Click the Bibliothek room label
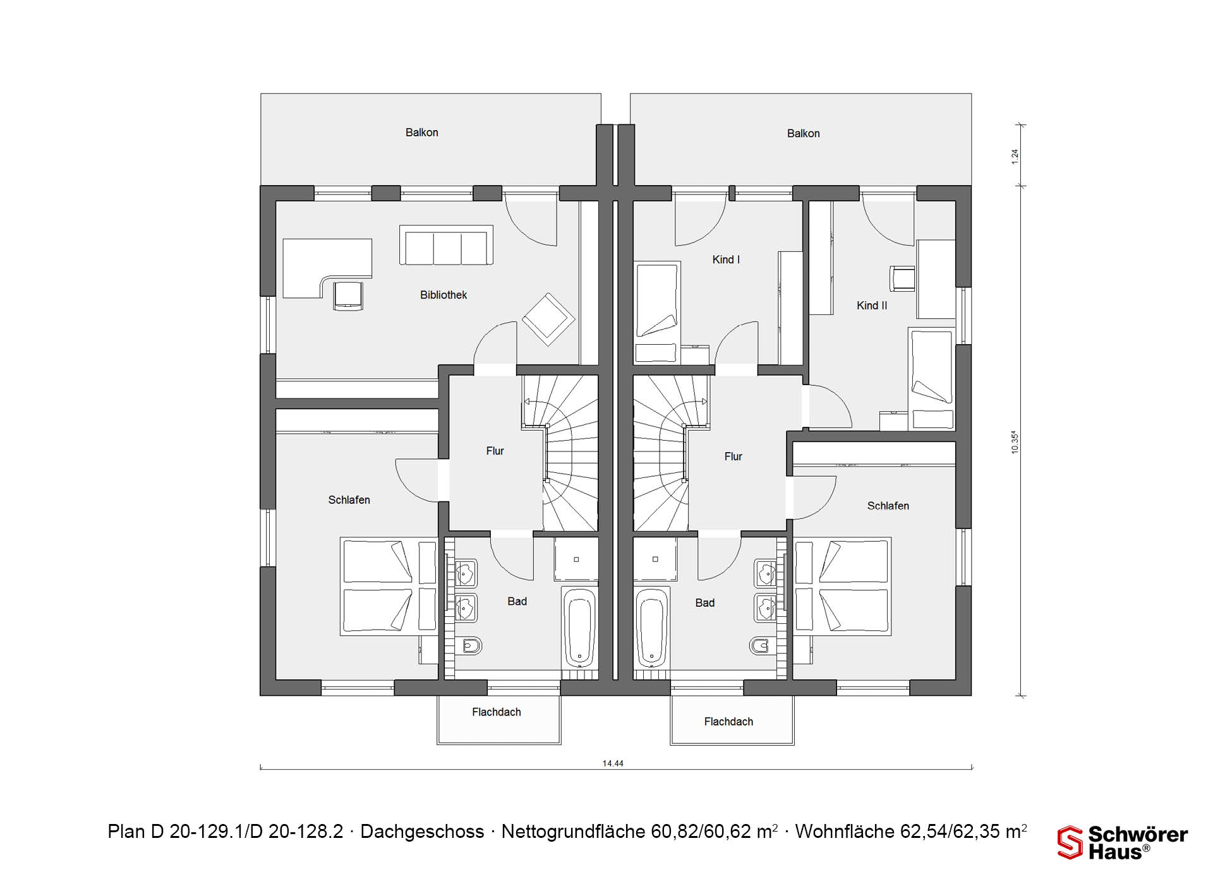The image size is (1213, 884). click(x=444, y=295)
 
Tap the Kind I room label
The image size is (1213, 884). click(x=726, y=260)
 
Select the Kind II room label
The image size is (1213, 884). click(x=872, y=306)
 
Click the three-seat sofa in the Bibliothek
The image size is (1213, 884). click(x=446, y=245)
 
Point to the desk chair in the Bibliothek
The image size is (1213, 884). click(x=348, y=296)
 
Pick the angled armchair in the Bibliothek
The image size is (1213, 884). click(x=548, y=319)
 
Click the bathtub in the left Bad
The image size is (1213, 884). click(x=579, y=628)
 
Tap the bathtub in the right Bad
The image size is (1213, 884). click(x=651, y=628)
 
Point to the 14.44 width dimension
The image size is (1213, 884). click(x=613, y=763)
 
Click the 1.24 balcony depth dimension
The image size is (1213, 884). click(x=1015, y=157)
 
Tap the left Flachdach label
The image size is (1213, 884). click(x=497, y=712)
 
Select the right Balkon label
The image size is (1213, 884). click(x=804, y=133)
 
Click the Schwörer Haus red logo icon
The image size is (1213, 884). click(x=1070, y=843)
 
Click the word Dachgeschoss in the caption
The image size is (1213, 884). click(x=422, y=832)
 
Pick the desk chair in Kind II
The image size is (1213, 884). click(x=902, y=278)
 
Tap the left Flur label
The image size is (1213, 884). click(x=495, y=451)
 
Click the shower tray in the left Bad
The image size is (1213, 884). click(x=576, y=559)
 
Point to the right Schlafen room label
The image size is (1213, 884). click(x=888, y=506)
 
